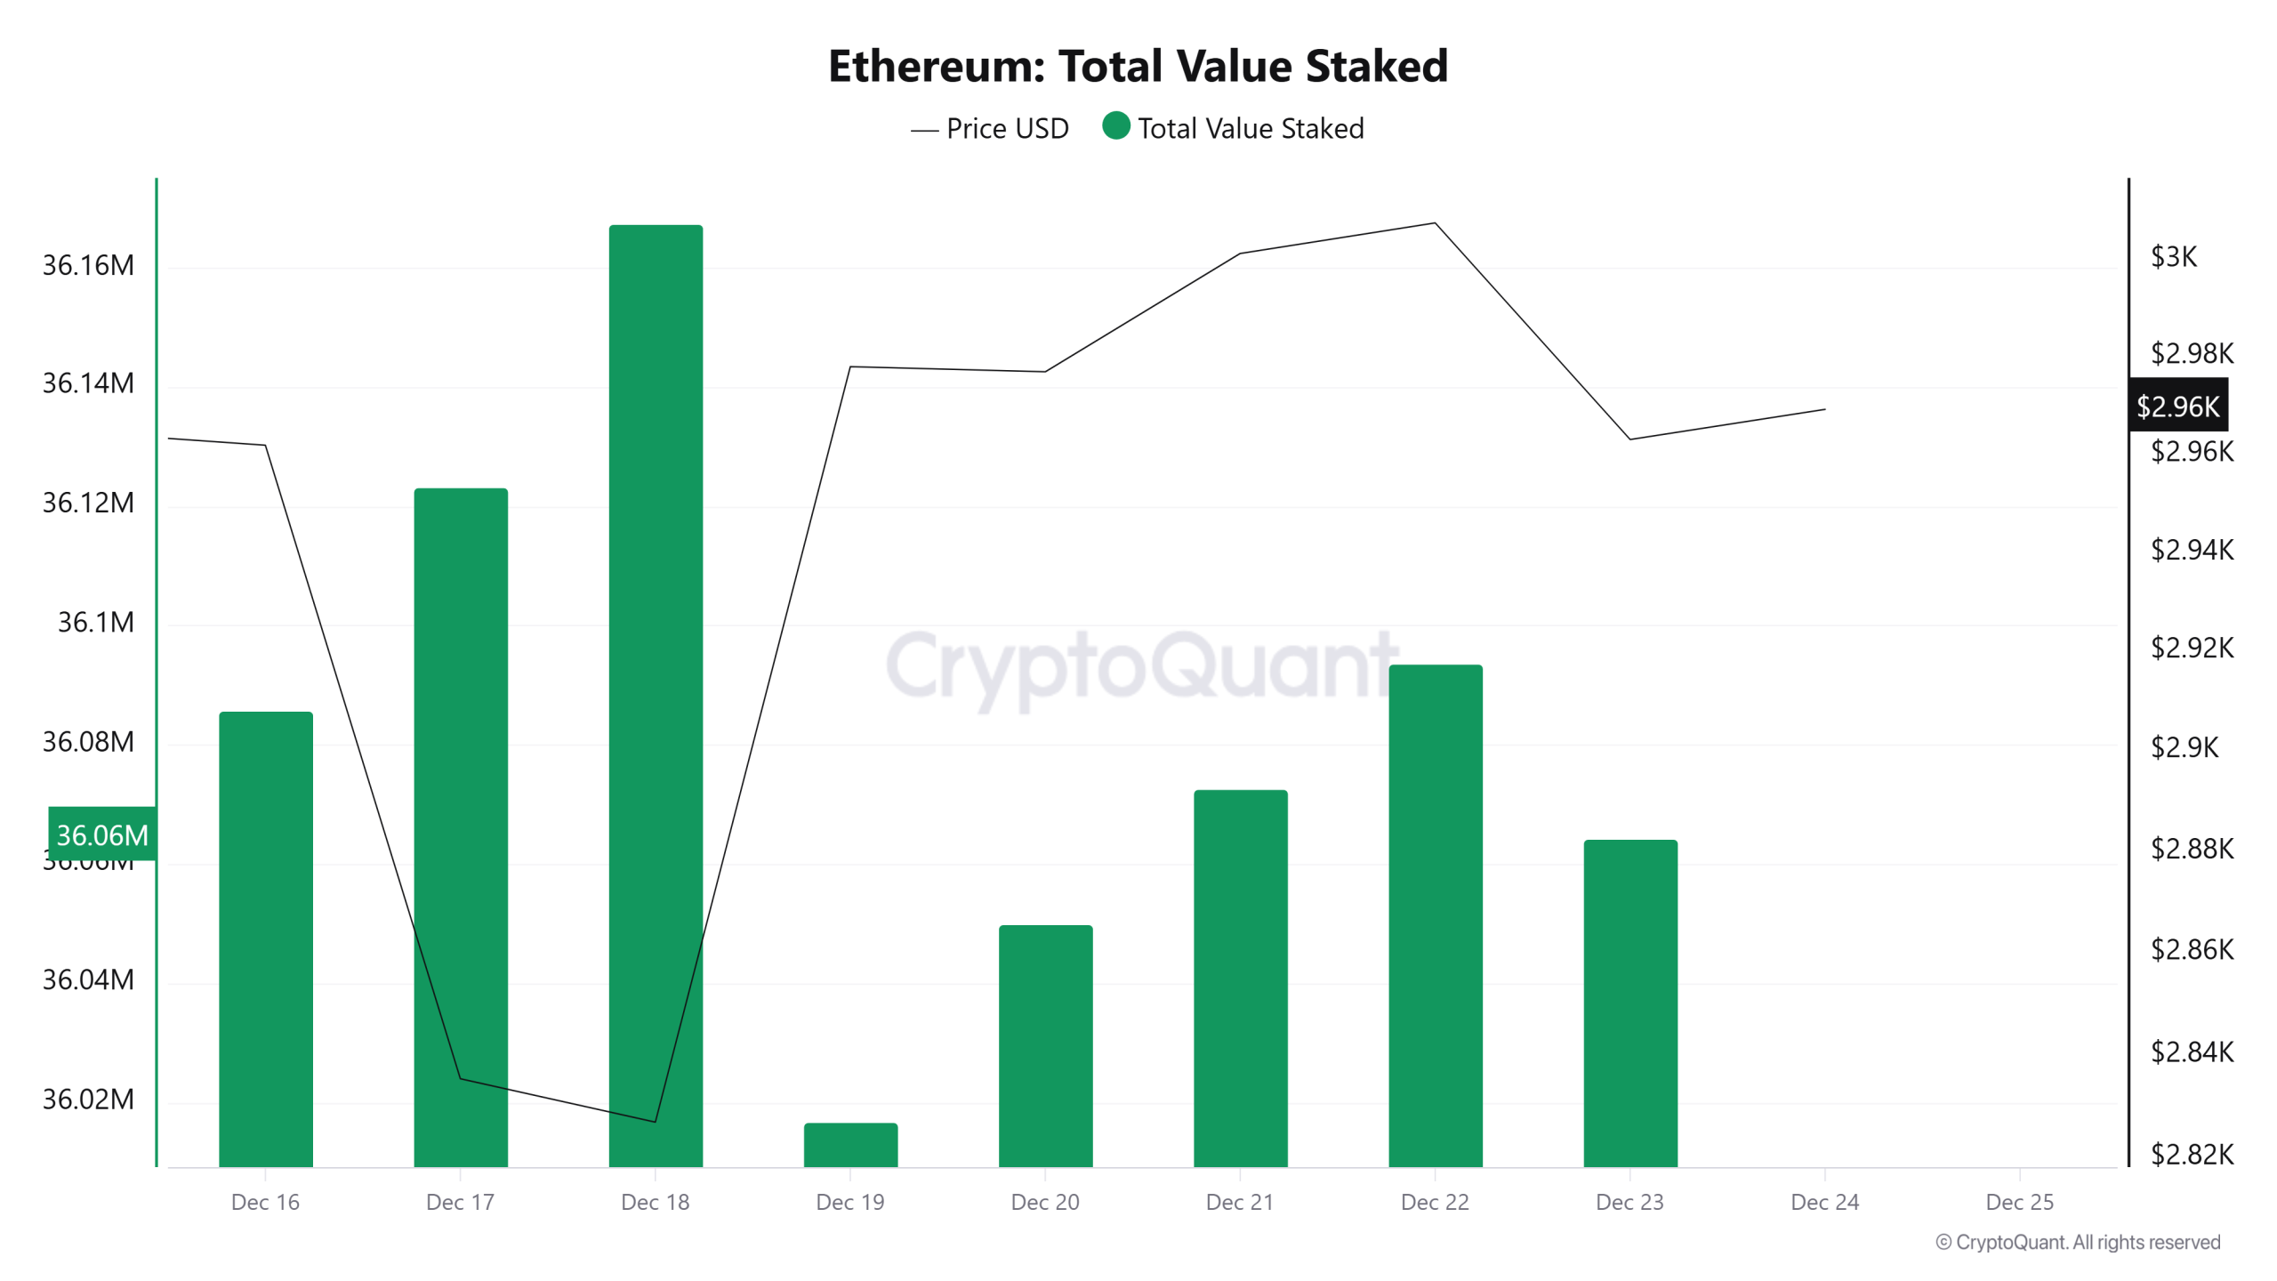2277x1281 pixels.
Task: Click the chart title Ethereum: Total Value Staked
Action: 1138,67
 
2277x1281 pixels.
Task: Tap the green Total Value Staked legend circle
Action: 1115,126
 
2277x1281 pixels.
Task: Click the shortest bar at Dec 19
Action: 850,1145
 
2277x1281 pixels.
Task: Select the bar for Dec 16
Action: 265,939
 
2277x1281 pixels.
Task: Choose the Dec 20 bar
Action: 1045,1045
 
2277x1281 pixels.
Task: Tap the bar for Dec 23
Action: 1629,1003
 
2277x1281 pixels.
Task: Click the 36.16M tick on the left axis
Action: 88,265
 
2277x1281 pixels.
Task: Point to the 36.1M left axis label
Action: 95,622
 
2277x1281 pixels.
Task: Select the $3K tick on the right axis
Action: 2173,257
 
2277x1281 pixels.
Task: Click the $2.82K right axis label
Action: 2191,1155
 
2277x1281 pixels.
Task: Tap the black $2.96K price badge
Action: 2177,407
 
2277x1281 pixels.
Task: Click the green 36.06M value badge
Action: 102,834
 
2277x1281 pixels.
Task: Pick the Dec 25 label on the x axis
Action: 2019,1202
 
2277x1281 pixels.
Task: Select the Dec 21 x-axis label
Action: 1239,1202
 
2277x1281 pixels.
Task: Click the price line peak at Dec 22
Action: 1435,223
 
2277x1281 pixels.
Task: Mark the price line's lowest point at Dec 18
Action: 656,1121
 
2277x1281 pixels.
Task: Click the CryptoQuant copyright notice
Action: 2077,1242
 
